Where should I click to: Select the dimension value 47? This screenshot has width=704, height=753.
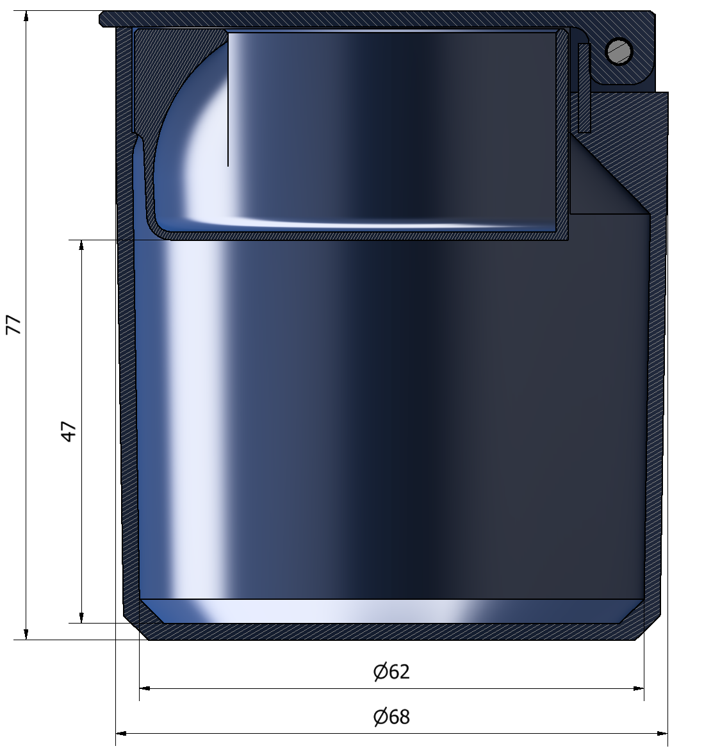(69, 431)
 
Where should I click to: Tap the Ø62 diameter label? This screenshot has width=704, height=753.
(391, 672)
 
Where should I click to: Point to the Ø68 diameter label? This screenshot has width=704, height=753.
(391, 716)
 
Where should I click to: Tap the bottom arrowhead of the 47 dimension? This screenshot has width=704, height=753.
(81, 617)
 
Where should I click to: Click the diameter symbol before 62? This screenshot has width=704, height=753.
(380, 672)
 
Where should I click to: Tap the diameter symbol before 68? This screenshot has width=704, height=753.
(380, 716)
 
